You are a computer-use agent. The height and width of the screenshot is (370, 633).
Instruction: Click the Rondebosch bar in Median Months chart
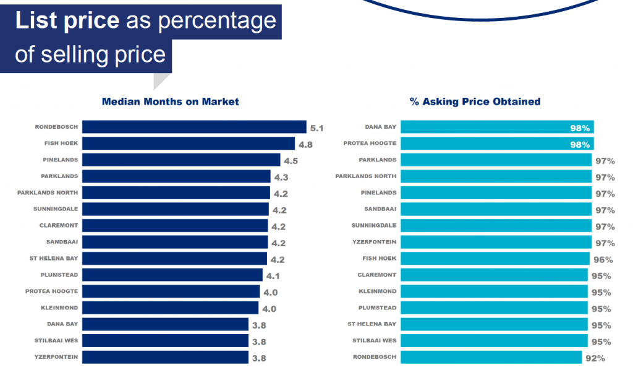[194, 127]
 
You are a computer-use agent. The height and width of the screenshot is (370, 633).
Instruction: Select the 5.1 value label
[317, 128]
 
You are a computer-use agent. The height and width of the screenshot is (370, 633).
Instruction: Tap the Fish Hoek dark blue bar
[189, 144]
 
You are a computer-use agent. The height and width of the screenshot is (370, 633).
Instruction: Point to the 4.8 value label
[305, 145]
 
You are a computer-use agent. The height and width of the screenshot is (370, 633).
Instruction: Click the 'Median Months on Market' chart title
[170, 101]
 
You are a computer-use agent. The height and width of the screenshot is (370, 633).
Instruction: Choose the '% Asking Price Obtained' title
[475, 101]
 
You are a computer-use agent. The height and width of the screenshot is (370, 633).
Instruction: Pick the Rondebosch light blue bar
[491, 357]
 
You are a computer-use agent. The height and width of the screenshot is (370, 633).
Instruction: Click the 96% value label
[603, 260]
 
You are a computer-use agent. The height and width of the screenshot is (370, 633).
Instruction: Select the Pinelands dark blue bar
[181, 160]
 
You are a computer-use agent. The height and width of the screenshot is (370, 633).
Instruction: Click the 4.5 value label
[291, 161]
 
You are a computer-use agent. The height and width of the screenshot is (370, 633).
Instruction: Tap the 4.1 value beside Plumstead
[272, 276]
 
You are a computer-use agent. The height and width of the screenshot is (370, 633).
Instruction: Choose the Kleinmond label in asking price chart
[378, 291]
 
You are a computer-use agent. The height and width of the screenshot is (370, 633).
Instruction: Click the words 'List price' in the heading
[67, 21]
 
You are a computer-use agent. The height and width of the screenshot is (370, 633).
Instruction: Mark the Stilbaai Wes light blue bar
[494, 340]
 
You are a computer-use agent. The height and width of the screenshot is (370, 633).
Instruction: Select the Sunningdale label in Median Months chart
[56, 209]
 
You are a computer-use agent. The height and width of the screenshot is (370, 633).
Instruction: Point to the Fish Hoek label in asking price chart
[380, 258]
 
